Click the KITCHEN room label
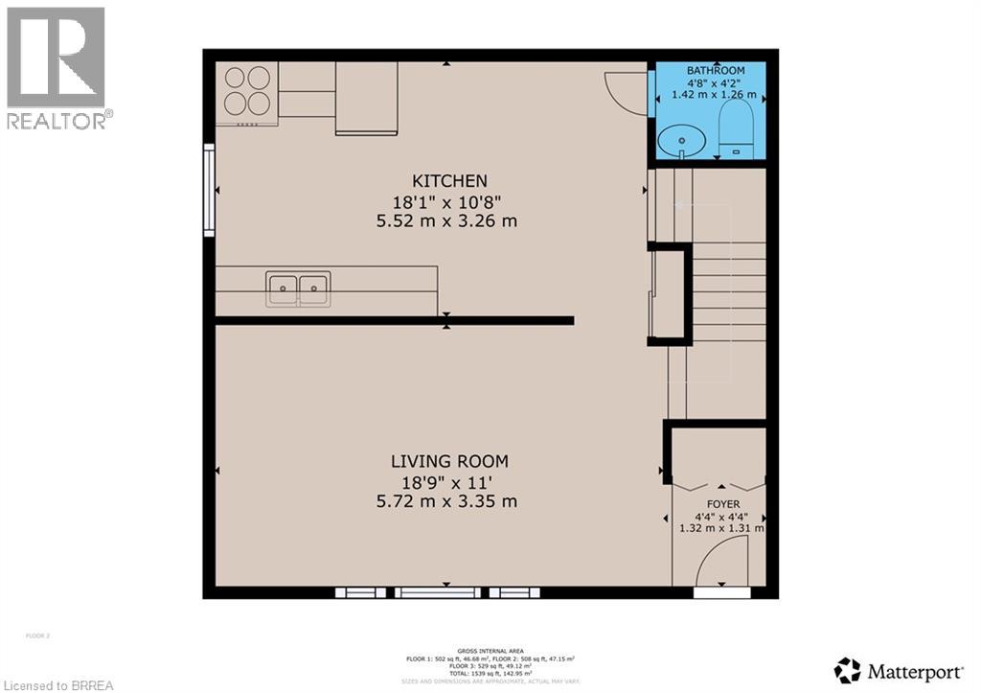point(449,181)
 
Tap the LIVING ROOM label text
point(448,461)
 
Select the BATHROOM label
point(715,71)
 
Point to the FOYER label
point(723,503)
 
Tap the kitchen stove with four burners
point(246,90)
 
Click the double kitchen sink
point(299,289)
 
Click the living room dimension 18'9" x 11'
point(448,481)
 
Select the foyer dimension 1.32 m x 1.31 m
point(721,528)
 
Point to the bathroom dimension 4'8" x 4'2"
point(715,83)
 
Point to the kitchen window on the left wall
point(208,190)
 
